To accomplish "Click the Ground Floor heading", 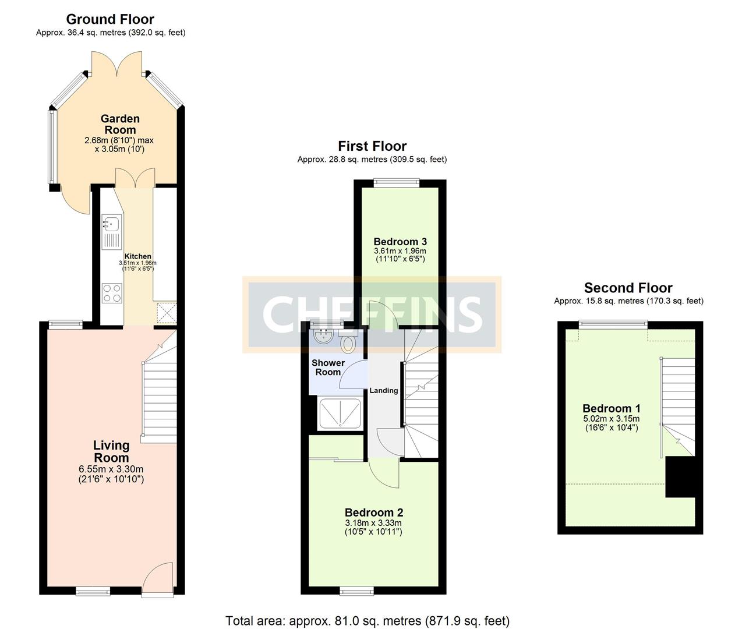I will point(110,19).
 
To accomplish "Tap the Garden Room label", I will point(120,124).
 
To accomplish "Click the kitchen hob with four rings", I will point(112,293).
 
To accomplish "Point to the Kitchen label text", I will point(138,256).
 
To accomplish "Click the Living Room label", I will point(111,451).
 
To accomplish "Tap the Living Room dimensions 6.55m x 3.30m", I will point(111,469).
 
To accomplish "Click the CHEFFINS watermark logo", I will point(372,314).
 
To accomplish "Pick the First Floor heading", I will point(372,146).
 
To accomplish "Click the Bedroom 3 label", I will point(400,242).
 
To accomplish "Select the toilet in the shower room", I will point(348,343).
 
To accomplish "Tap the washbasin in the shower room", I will point(322,337).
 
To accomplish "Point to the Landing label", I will point(384,391).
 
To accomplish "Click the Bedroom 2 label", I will point(374,513).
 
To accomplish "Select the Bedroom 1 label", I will point(611,408).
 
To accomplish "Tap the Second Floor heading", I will point(628,288).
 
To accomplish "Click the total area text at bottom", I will point(368,621).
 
